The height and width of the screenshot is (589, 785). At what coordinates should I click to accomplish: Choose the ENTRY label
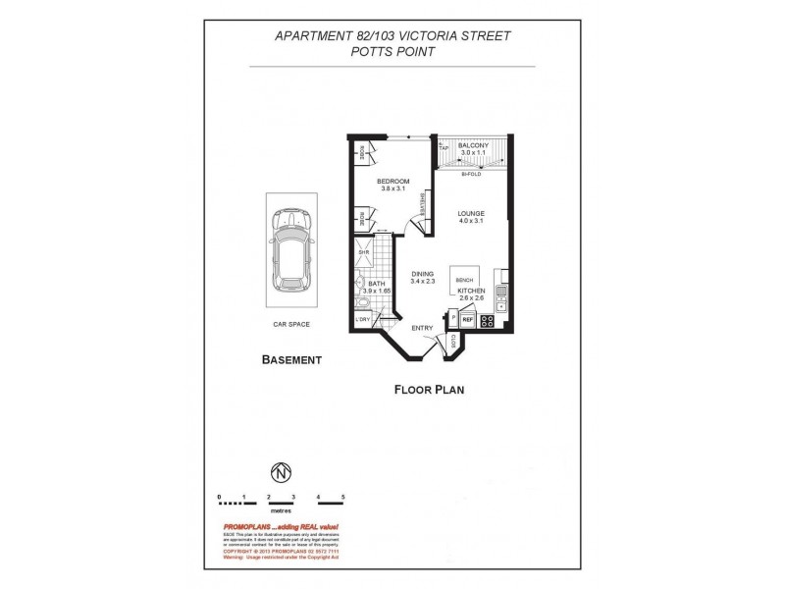coord(422,329)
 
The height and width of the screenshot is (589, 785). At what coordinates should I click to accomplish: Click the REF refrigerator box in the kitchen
coord(468,320)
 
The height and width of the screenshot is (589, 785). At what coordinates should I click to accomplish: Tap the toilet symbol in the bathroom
coord(360,286)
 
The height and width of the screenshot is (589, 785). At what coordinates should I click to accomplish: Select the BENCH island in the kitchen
coord(465,279)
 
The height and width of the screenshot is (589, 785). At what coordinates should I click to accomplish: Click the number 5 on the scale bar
coord(343,498)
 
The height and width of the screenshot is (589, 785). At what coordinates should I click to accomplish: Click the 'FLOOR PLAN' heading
coord(428,389)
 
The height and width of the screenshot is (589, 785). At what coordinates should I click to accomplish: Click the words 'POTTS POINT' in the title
coord(392,53)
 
